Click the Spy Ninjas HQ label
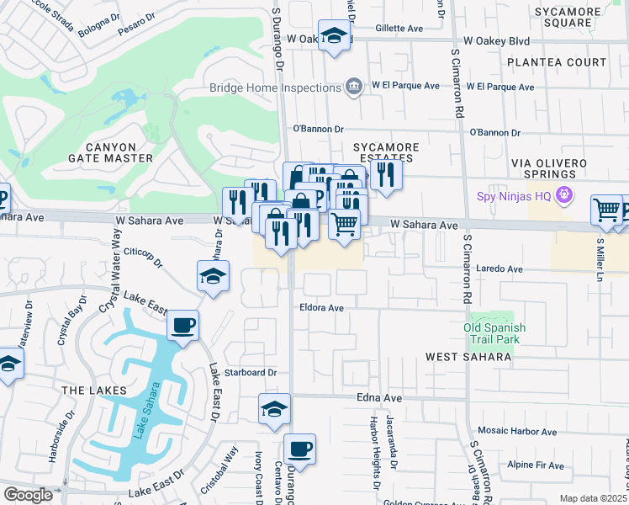coord(513,195)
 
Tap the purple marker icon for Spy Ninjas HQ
coord(563,195)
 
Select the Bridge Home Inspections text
coord(275,87)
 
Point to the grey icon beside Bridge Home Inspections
coord(354,87)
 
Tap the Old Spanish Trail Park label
coord(495,333)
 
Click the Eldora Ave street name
coord(322,308)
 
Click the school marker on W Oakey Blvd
coord(334,36)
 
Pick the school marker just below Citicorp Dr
coord(213,275)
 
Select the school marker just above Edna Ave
coord(274,408)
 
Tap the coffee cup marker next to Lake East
coord(182,325)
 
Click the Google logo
coord(27,495)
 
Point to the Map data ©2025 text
coord(593,498)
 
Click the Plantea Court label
coord(563,62)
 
